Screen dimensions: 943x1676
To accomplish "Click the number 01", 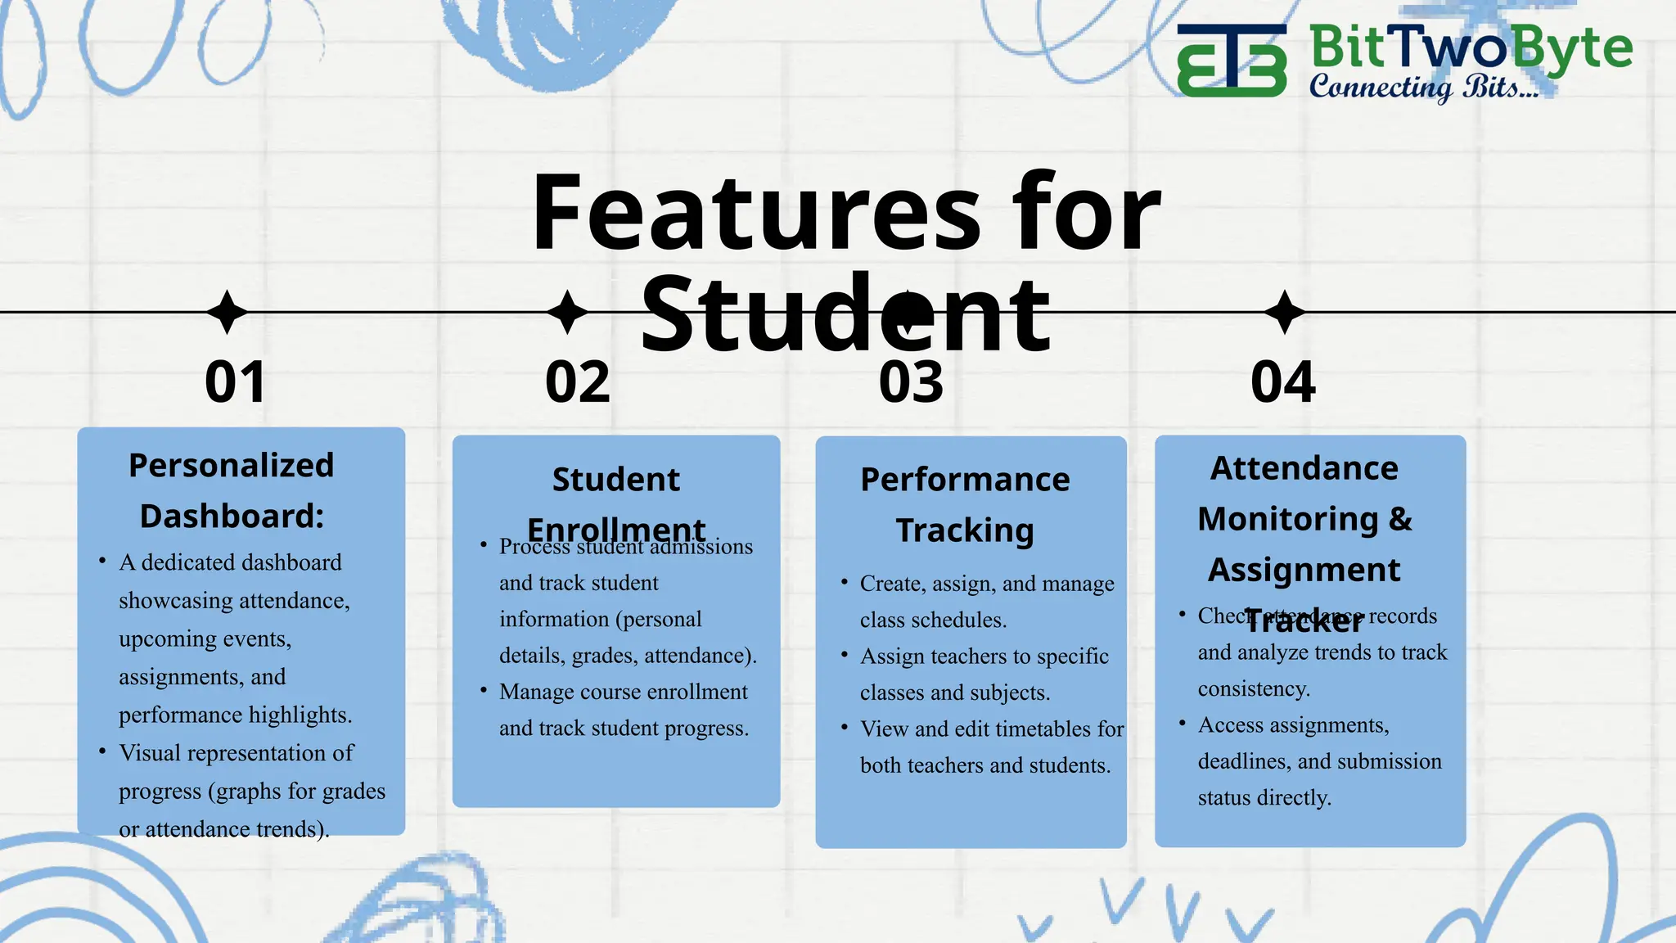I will pos(236,382).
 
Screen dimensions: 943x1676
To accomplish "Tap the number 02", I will pos(578,382).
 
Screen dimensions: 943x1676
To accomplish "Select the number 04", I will pos(1283,382).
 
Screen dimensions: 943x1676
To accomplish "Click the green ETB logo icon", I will pos(1232,61).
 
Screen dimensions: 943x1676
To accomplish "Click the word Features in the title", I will pos(755,214).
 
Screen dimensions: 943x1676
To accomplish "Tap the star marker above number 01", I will pos(228,312).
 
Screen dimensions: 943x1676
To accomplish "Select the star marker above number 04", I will pos(1285,312).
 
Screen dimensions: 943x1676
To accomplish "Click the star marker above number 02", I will pos(567,312).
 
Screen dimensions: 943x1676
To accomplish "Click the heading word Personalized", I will pos(232,466).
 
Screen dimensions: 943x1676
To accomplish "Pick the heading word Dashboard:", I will pos(232,517).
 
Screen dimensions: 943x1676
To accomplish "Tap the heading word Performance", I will pos(965,480).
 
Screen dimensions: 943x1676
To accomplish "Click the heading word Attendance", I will pos(1304,469).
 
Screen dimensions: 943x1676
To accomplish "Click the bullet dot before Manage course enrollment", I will pos(484,690).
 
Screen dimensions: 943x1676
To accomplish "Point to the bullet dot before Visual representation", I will pos(102,751).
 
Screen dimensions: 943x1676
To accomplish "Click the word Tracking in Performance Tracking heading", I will pos(965,530).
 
